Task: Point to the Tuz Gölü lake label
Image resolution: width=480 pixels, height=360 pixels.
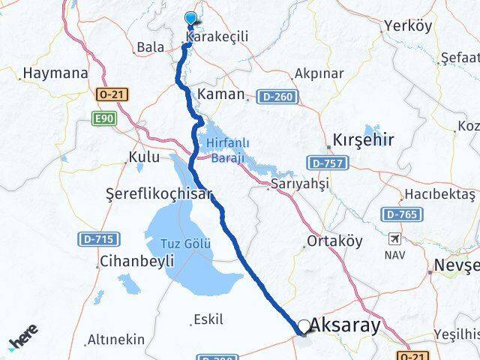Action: coord(186,244)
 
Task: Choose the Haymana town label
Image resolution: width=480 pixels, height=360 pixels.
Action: coord(55,73)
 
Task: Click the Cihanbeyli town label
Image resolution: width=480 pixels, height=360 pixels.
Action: coord(136,262)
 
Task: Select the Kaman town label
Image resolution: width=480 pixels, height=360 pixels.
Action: coord(221,94)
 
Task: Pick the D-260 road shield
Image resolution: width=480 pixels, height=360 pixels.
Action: coord(277,97)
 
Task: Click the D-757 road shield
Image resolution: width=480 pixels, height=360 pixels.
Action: coord(325,162)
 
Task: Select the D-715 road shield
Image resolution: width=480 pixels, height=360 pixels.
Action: coord(95,239)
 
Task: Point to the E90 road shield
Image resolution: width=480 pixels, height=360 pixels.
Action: coord(103,118)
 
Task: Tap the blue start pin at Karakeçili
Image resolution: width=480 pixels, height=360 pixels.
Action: coord(190,19)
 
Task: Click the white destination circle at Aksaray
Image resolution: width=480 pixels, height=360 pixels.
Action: coord(304,326)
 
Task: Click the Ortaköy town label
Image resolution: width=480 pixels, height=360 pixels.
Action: coord(334,241)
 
